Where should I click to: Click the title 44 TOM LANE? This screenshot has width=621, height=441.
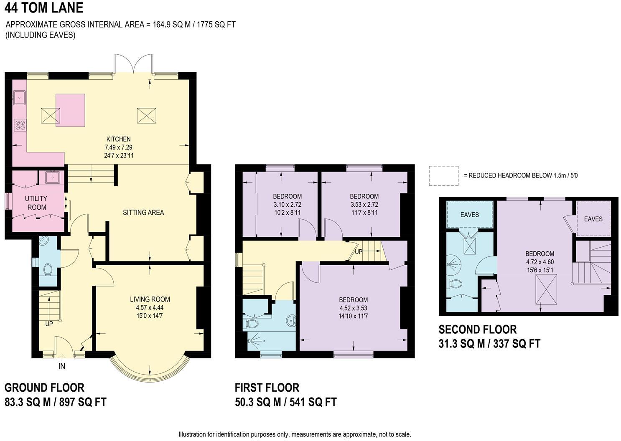pos(44,8)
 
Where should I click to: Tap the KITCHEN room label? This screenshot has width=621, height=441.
pos(118,139)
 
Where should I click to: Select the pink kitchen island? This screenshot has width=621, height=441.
pos(71,110)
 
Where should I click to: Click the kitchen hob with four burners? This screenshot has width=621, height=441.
pos(20,124)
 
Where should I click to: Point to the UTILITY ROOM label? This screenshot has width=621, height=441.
pos(36,203)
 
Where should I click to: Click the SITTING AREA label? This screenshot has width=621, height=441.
pos(143,213)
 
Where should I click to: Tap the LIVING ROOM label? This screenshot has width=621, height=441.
pos(150,299)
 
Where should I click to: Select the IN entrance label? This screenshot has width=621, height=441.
pos(61,366)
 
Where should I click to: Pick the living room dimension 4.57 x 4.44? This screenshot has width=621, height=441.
pos(150,307)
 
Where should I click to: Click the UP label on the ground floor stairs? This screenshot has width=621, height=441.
pos(49,324)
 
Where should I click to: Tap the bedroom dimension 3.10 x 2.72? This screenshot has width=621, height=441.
pos(287,205)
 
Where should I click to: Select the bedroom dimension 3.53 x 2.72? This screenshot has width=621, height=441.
pos(364,205)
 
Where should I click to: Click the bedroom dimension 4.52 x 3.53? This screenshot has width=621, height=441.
pos(353,308)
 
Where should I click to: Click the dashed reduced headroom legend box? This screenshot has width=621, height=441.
pos(443,176)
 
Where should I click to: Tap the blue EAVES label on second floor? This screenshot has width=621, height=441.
pos(470,215)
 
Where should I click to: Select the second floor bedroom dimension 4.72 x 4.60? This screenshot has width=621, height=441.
pos(540,262)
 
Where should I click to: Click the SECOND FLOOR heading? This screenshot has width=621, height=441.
pos(477,329)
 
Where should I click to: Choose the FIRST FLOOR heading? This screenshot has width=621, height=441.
pos(267,388)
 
